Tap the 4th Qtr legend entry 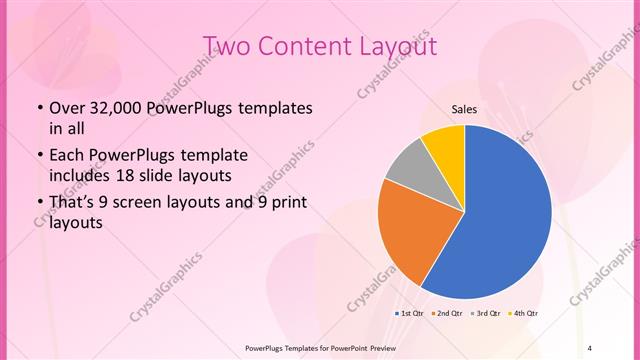coord(525,314)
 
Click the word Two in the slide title coord(227,46)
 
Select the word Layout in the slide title coord(395,46)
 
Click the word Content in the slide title coord(305,46)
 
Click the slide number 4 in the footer coord(589,347)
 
